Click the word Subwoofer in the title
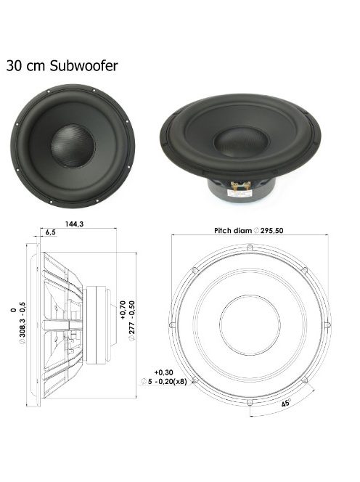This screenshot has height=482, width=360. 88,65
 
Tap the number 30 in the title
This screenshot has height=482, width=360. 15,65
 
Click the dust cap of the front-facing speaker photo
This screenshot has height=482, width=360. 73,144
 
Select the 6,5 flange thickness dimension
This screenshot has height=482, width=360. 51,233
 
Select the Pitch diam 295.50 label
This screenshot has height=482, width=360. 247,230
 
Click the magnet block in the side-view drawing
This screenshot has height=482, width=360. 97,324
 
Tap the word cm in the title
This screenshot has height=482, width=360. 40,65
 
